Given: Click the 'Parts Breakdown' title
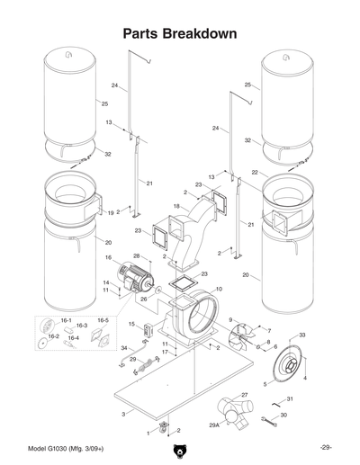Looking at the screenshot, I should click(180, 33).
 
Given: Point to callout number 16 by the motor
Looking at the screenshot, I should click(108, 258).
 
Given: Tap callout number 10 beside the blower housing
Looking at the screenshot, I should click(219, 289).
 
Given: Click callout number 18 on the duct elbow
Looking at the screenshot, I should click(176, 206).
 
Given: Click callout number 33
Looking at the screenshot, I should click(302, 335).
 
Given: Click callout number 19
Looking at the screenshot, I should click(110, 213).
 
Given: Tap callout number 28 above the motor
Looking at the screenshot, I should click(136, 256).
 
